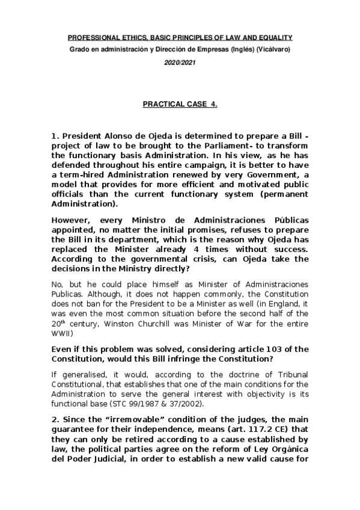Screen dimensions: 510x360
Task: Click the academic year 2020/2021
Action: tap(180, 62)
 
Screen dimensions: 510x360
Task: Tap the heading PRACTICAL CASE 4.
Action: tap(180, 104)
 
